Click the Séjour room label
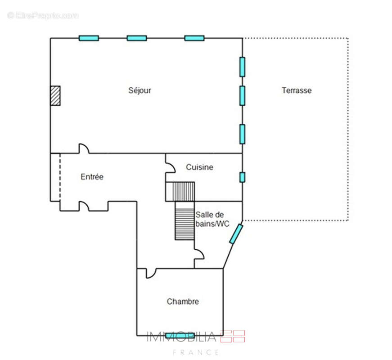tap(140, 90)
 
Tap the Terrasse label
tap(297, 90)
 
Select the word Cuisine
tap(199, 167)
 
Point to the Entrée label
tap(92, 177)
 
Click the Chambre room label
tap(183, 301)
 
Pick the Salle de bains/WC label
tap(212, 219)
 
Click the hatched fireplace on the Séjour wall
tap(55, 96)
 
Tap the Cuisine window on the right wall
tap(242, 177)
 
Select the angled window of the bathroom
tap(236, 234)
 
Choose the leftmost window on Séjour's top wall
tap(89, 38)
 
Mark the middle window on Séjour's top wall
tap(137, 38)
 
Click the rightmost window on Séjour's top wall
tap(194, 38)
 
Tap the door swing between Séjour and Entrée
tap(84, 148)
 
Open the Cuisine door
tap(170, 168)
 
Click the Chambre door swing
tap(151, 273)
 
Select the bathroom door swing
tap(199, 254)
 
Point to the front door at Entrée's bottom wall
tap(84, 206)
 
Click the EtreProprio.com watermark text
tap(43, 15)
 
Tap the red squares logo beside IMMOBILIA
tap(233, 337)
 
